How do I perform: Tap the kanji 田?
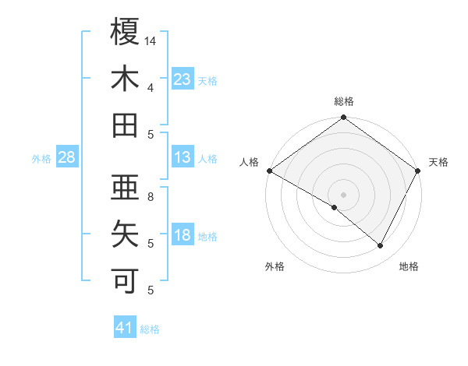tap(125, 125)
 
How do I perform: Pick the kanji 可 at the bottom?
tap(125, 278)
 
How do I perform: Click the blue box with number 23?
tap(183, 79)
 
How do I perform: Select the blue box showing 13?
tap(183, 157)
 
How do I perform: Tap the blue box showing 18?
tap(183, 235)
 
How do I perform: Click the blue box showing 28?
tap(67, 157)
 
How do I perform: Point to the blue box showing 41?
tap(125, 328)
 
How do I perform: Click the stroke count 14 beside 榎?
tap(151, 40)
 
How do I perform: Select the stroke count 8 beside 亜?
tap(151, 196)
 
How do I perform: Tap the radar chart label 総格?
tap(343, 101)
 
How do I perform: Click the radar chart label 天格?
tap(438, 162)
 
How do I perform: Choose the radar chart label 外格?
tap(275, 266)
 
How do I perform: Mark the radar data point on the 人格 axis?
tap(269, 171)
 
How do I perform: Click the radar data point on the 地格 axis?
tap(381, 246)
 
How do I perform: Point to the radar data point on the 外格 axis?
tap(335, 207)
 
